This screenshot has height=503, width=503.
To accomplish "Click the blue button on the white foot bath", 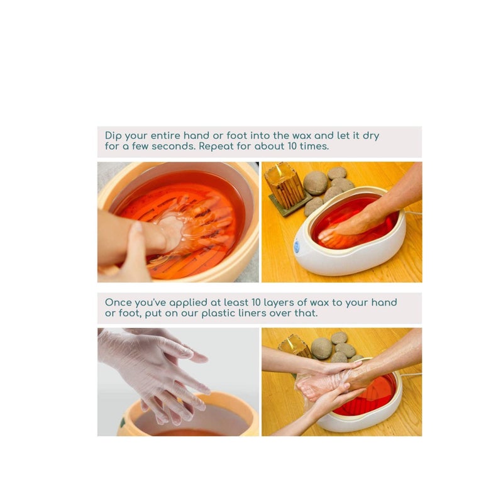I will coord(297,247).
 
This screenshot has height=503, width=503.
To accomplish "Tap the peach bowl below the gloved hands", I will coord(189,418).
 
